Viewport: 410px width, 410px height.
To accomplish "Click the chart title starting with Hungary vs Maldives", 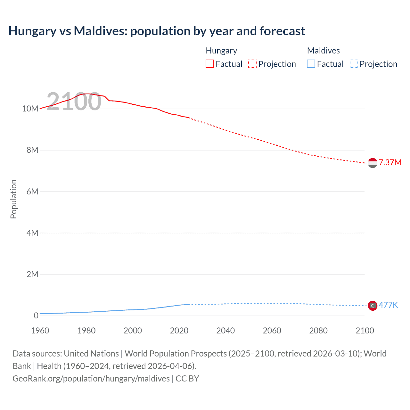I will [157, 31].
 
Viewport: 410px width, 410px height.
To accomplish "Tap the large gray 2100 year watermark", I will [74, 102].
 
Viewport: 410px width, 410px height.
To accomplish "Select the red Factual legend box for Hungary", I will [210, 64].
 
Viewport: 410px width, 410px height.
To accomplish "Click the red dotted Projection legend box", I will [252, 64].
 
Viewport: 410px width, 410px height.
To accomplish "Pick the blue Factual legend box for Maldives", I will [311, 64].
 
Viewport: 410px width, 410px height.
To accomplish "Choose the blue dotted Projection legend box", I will [354, 64].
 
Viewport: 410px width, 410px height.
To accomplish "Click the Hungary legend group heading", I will [221, 51].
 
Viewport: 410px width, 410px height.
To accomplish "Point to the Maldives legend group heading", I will [323, 51].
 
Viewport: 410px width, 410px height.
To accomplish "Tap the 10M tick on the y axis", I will [30, 109].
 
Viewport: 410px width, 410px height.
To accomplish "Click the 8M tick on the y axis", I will [32, 150].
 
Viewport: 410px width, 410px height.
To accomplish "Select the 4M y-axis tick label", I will [32, 233].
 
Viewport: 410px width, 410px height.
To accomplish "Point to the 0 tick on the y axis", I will [36, 316].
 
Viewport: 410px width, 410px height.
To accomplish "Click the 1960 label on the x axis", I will [40, 331].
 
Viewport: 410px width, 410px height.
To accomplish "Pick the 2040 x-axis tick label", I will [225, 331].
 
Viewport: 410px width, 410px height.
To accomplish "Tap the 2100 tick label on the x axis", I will [365, 331].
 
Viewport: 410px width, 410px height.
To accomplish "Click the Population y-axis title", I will [13, 199].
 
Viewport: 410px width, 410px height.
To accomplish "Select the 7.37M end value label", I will [390, 163].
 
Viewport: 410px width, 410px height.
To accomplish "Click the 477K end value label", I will [388, 305].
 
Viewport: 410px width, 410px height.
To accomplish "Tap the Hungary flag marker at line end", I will [373, 163].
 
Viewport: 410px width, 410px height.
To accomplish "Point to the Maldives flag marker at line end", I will [373, 306].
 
